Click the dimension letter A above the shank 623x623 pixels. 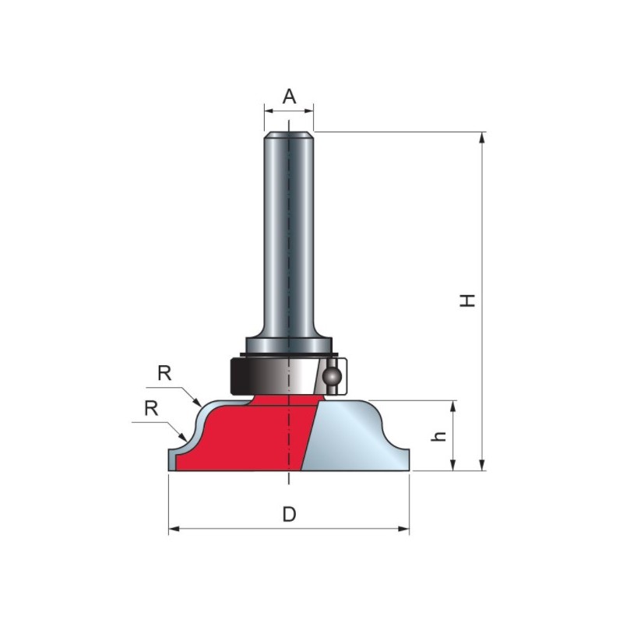(289, 97)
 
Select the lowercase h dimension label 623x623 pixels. (439, 436)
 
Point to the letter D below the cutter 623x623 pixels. (289, 515)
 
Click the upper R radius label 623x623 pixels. (164, 373)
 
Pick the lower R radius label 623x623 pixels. (151, 408)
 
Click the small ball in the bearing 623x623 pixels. (332, 376)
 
